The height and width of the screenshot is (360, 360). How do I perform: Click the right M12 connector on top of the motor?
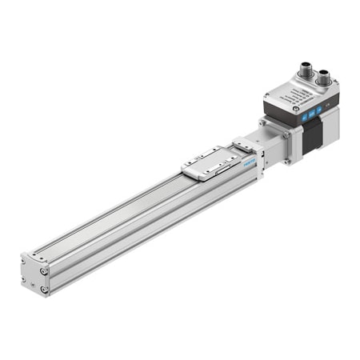tap(326, 79)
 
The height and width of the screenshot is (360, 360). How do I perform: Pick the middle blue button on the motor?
tap(313, 113)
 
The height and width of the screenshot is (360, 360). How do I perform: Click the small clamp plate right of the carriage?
tap(243, 147)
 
